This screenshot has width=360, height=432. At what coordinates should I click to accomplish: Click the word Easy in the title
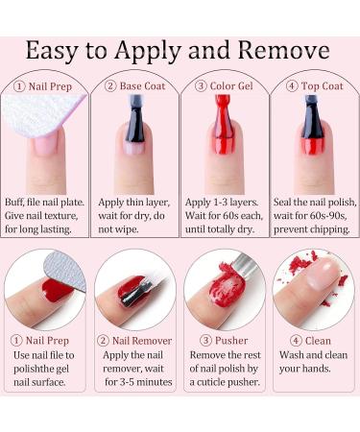click(59, 50)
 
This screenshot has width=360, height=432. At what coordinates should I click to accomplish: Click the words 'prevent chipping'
click(305, 228)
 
